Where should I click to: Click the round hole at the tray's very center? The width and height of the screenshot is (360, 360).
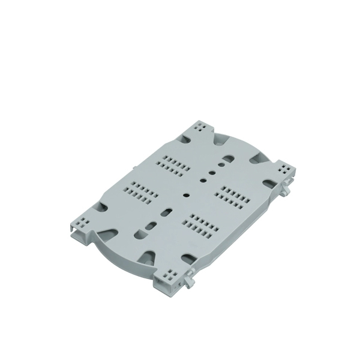coord(185,196)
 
